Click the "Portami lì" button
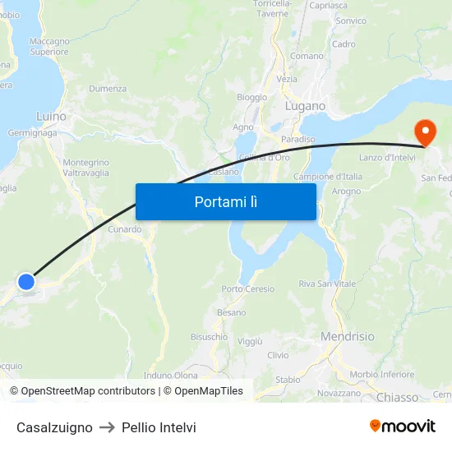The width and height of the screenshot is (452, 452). point(225,201)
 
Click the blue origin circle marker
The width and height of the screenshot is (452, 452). point(26,282)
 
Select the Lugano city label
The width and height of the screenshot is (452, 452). point(305,106)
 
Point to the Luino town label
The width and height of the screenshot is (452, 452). point(51,117)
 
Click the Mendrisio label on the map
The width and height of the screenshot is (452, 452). point(347,336)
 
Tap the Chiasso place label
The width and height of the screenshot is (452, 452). point(397,397)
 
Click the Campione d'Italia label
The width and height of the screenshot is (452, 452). point(328,177)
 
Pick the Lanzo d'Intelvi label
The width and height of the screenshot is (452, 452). point(387,157)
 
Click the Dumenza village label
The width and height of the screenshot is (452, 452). point(108,89)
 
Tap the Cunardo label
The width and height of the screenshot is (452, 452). point(125,229)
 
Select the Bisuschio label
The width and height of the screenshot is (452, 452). point(209,336)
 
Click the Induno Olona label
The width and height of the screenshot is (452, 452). point(171,376)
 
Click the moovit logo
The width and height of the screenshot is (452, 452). point(402,426)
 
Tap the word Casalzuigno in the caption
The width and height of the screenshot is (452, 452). point(54,427)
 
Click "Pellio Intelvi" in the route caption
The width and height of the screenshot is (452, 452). point(159,427)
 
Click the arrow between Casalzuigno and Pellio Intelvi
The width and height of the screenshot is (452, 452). point(107,427)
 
